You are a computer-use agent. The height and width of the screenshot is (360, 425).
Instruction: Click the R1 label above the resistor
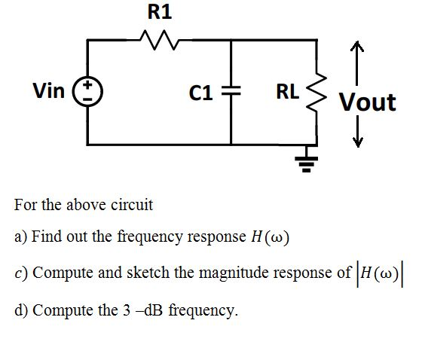[x=159, y=12]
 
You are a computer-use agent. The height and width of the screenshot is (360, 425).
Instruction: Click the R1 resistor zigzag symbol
[x=160, y=38]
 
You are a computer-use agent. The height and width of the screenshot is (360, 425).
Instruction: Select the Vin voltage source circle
[x=88, y=93]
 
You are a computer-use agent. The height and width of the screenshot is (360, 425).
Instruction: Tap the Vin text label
[x=49, y=92]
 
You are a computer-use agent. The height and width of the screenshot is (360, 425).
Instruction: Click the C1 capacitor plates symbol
[x=231, y=93]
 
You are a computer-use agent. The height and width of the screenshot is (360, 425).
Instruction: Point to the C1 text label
[x=203, y=93]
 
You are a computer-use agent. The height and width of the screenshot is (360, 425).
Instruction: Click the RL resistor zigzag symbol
[x=314, y=92]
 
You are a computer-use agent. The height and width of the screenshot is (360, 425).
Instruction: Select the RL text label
[x=288, y=92]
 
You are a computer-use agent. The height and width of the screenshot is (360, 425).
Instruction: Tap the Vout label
[x=367, y=102]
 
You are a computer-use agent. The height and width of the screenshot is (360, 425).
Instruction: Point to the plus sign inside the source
[x=88, y=87]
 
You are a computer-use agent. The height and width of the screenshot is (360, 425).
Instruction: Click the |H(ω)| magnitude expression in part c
[x=386, y=272]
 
